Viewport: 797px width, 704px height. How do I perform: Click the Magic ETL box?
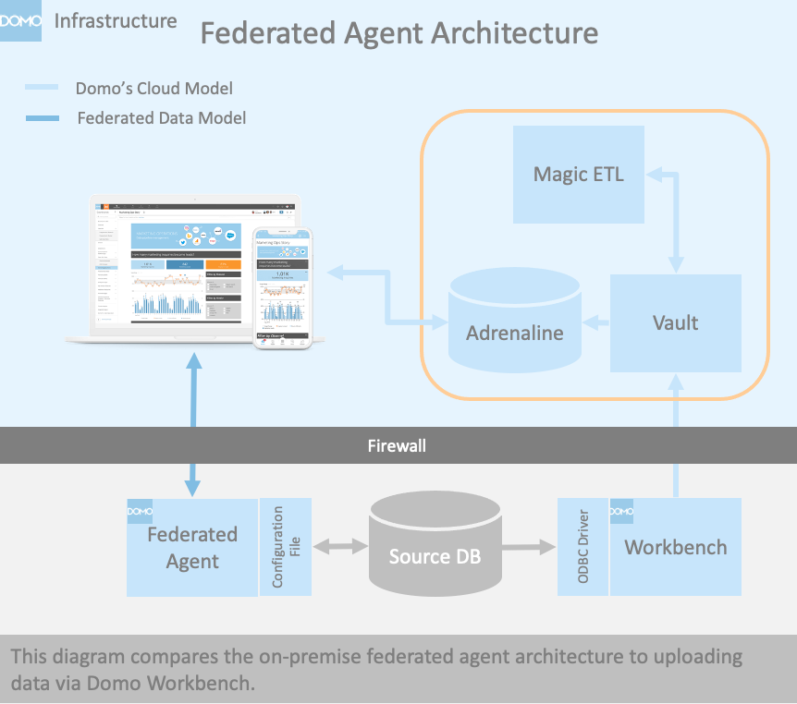(579, 174)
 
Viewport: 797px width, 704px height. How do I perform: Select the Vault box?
(675, 323)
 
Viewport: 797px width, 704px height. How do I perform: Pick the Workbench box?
(676, 547)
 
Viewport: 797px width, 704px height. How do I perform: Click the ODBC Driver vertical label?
(582, 547)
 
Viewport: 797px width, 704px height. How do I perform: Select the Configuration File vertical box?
(286, 547)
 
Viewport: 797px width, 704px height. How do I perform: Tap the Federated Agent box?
(192, 547)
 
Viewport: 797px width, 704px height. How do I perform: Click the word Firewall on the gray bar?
(398, 446)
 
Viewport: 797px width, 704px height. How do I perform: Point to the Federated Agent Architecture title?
(399, 33)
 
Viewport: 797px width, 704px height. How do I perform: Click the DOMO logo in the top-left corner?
(21, 21)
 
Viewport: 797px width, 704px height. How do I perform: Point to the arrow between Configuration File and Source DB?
(341, 547)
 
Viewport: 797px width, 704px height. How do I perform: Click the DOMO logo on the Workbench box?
(621, 511)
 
